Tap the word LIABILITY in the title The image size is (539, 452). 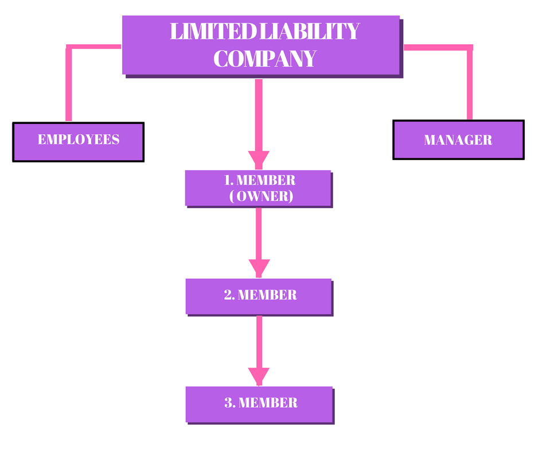pyautogui.click(x=310, y=32)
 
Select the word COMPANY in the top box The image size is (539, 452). pyautogui.click(x=264, y=59)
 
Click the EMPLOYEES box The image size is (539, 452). pyautogui.click(x=78, y=141)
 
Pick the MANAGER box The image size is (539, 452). pyautogui.click(x=458, y=139)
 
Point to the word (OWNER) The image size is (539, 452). pyautogui.click(x=261, y=196)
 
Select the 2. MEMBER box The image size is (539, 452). pyautogui.click(x=259, y=296)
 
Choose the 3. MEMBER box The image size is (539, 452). pyautogui.click(x=259, y=404)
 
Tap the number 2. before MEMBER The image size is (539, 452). pyautogui.click(x=229, y=295)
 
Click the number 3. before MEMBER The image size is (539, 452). pyautogui.click(x=230, y=403)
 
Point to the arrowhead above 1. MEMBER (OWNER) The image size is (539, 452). pyautogui.click(x=259, y=159)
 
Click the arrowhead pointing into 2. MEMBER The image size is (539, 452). pyautogui.click(x=259, y=267)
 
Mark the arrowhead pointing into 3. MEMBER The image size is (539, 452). pyautogui.click(x=259, y=376)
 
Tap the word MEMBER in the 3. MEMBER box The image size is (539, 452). pyautogui.click(x=268, y=403)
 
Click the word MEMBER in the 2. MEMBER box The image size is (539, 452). pyautogui.click(x=267, y=295)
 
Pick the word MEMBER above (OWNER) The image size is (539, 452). pyautogui.click(x=265, y=180)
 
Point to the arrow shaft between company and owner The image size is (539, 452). pyautogui.click(x=259, y=115)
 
